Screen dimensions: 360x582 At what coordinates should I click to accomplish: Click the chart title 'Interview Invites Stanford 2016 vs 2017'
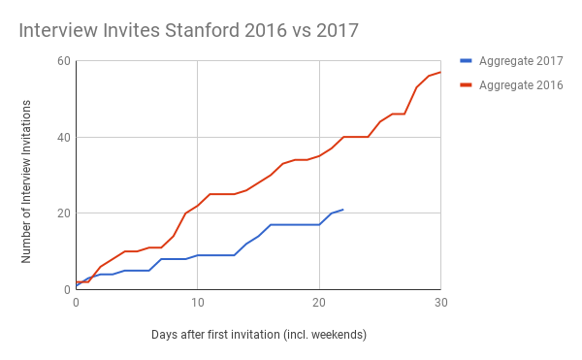pos(188,30)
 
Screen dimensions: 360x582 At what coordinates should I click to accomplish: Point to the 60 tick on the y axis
pos(64,61)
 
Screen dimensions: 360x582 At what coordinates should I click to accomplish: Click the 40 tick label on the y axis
pos(64,137)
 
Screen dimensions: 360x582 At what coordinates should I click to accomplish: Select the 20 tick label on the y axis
pos(64,213)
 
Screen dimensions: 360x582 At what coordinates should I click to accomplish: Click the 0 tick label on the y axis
pos(67,289)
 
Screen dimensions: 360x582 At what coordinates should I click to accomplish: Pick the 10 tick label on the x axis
pos(197,303)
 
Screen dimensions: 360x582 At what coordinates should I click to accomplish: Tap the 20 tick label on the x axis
pos(319,303)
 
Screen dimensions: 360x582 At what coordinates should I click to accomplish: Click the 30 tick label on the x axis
pos(440,303)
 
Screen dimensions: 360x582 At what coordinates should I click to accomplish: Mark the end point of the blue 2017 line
pos(342,210)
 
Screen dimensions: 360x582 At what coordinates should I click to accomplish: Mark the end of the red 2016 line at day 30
pos(440,72)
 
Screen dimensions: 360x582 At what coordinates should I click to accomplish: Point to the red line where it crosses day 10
pos(198,206)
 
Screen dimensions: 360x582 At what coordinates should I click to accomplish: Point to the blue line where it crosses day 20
pos(319,224)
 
